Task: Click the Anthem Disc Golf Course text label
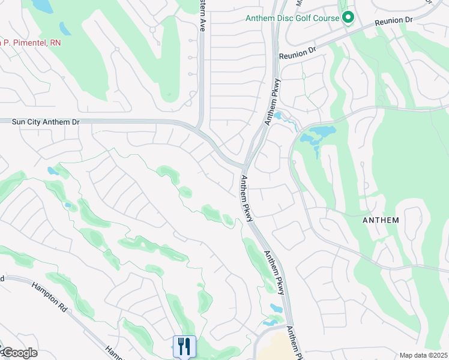pos(292,18)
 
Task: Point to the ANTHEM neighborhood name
pos(381,220)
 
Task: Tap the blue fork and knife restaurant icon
pos(184,346)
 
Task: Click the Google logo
pos(19,353)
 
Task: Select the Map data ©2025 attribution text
pos(423,355)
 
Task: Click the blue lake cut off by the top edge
pos(42,6)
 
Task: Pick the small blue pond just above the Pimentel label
pos(64,28)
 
